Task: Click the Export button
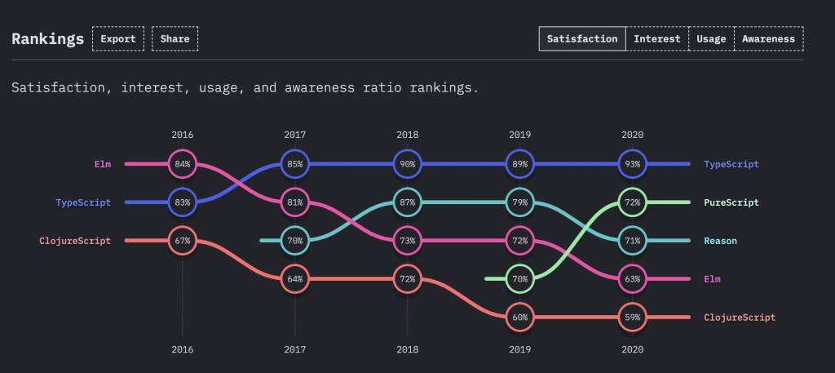tap(118, 38)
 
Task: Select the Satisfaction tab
tap(582, 38)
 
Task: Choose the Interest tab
tap(656, 38)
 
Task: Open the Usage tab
tap(711, 38)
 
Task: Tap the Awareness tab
tap(768, 38)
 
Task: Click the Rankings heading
tap(47, 38)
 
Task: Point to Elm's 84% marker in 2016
tap(183, 164)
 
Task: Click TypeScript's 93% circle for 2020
tap(632, 164)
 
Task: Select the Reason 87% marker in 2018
tap(407, 202)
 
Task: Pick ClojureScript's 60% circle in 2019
tap(519, 317)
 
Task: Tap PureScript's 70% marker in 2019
tap(519, 278)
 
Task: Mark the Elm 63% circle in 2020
tap(632, 278)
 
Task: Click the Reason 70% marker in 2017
tap(295, 241)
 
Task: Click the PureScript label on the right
tap(731, 202)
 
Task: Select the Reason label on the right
tap(720, 241)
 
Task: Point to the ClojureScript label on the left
tap(74, 241)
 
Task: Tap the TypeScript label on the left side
tap(82, 202)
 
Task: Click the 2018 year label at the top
tap(407, 134)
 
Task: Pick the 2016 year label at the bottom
tap(183, 349)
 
